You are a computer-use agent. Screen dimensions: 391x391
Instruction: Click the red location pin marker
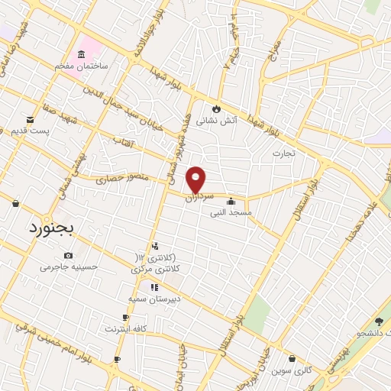point(197,179)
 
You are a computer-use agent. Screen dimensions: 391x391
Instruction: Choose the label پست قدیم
point(29,131)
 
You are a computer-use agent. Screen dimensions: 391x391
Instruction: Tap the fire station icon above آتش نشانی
point(217,108)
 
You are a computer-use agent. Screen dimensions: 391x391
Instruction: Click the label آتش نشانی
point(217,121)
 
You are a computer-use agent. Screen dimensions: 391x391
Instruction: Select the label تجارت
point(289,153)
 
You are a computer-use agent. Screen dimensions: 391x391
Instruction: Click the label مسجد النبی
point(231,213)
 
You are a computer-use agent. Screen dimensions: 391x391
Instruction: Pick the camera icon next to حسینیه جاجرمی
point(69,255)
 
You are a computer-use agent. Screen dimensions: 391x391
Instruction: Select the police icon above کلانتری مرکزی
point(155,246)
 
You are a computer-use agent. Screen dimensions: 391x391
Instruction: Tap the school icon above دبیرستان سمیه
point(155,287)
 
